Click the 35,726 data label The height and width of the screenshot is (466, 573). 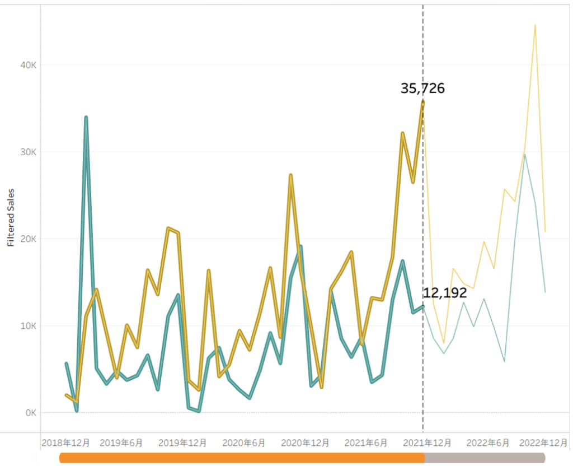click(x=422, y=88)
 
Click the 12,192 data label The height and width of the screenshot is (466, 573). click(x=445, y=292)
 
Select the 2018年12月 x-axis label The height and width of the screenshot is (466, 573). click(x=65, y=442)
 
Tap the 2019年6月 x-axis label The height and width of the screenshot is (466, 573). click(x=120, y=442)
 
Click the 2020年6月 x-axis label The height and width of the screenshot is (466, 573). click(x=243, y=442)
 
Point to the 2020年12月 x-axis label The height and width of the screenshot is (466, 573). click(x=304, y=442)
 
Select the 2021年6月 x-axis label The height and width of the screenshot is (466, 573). click(x=365, y=442)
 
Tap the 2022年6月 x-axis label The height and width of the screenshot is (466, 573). click(x=487, y=442)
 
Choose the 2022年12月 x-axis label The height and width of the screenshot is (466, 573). click(x=543, y=442)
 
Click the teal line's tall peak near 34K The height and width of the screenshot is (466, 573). click(x=86, y=117)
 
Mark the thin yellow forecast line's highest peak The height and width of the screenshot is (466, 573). click(x=536, y=25)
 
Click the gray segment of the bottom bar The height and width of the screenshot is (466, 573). click(x=485, y=458)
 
